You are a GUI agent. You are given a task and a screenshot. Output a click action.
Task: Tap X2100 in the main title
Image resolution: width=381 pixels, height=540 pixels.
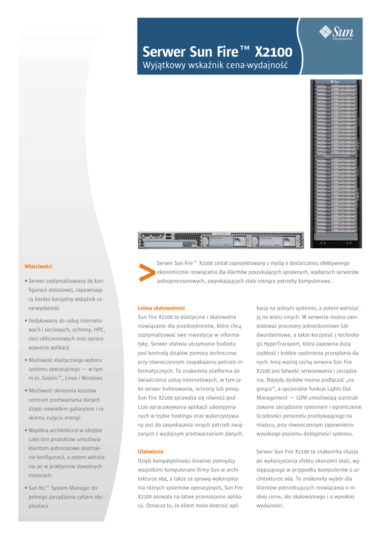point(274,52)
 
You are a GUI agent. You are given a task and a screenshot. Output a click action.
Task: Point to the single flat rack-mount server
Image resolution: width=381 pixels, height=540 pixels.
point(220,240)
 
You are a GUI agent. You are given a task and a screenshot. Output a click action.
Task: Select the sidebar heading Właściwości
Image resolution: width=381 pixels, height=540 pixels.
point(38,266)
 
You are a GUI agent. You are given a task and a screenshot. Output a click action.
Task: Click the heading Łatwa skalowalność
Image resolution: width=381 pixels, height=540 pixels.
point(162,307)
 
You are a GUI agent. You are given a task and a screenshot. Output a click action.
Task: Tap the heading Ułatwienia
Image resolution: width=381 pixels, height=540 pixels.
point(151,451)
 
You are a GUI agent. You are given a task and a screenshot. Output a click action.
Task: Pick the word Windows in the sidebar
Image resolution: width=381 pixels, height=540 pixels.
point(92,378)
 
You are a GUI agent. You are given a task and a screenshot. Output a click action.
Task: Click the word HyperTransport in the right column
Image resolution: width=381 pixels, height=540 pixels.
point(285,343)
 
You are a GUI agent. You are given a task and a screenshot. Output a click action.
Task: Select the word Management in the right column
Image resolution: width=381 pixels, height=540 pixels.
point(273,397)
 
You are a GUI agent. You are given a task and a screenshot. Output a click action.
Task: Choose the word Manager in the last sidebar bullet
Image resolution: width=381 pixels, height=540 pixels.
point(84,488)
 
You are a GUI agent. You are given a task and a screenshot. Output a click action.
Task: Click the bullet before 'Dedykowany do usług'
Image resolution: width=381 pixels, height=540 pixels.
point(25,321)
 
